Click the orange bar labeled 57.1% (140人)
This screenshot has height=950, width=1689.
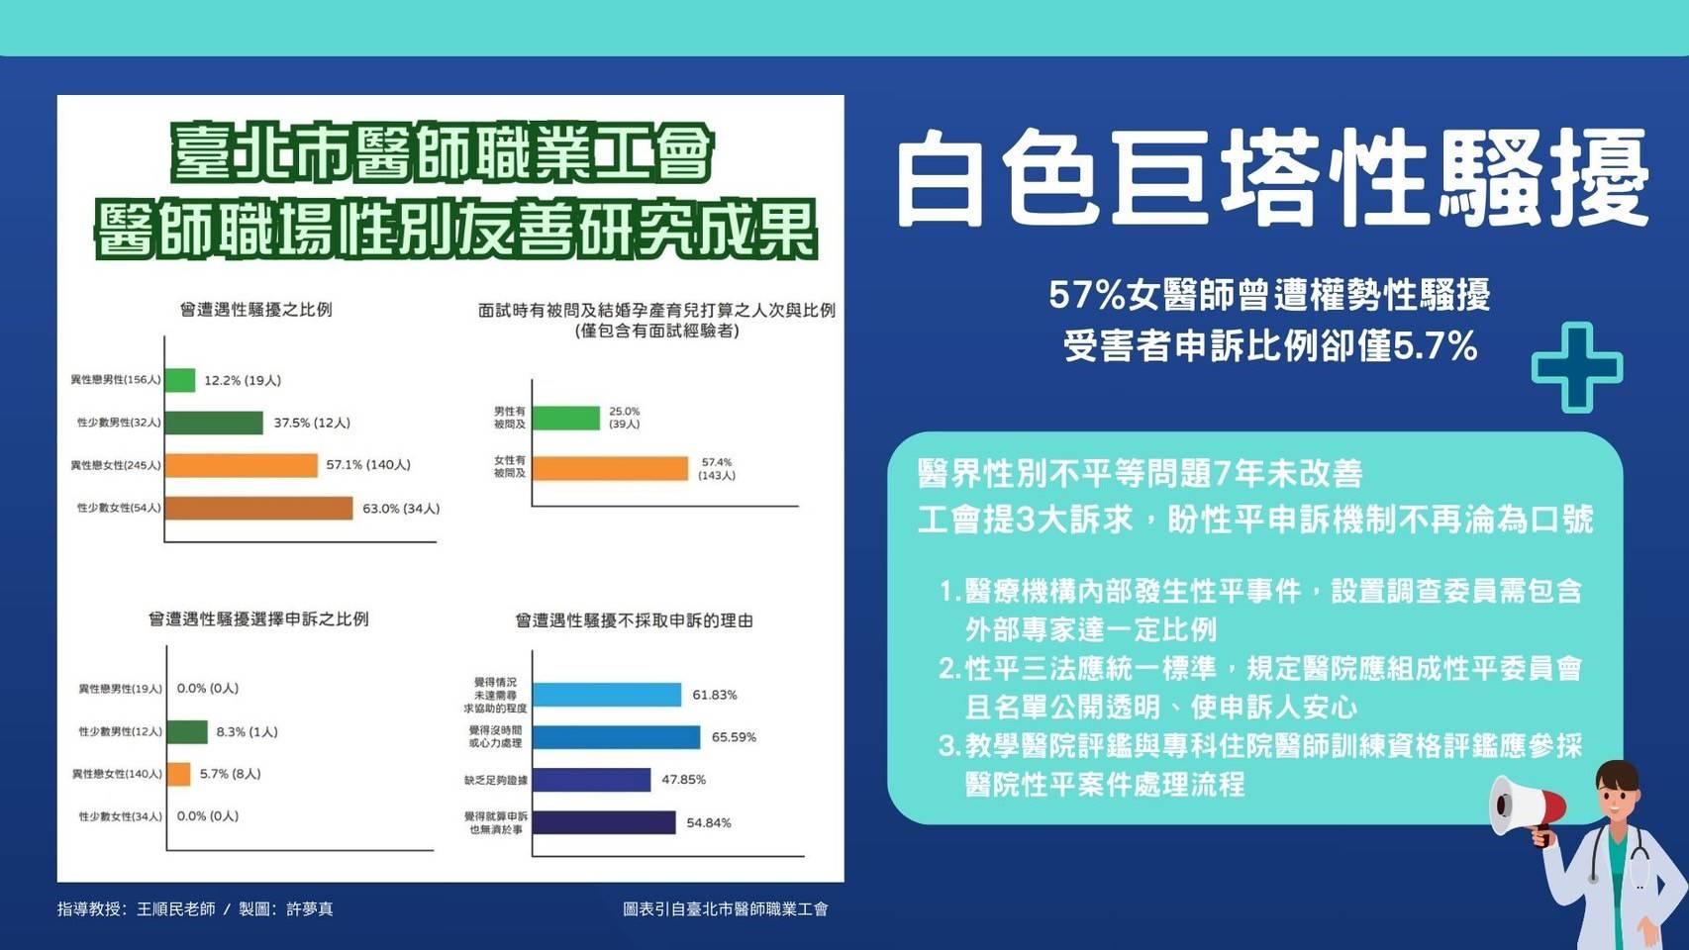[242, 465]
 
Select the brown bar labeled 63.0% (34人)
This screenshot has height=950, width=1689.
[258, 509]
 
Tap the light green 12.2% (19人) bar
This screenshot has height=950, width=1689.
[180, 380]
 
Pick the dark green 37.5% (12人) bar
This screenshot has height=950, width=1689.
[214, 423]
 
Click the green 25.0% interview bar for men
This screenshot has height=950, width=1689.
[566, 418]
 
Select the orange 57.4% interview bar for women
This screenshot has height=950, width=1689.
[611, 468]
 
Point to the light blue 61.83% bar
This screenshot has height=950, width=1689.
[607, 695]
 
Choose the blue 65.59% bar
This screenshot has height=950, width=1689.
[617, 737]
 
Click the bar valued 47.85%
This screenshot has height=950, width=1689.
[592, 780]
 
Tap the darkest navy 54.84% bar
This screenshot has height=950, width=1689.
[604, 822]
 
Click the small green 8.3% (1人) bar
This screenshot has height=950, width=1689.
[187, 732]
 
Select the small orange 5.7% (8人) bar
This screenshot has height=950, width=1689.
[179, 774]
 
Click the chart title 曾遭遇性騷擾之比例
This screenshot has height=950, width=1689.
[256, 310]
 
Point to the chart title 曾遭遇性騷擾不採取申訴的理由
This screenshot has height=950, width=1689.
[635, 620]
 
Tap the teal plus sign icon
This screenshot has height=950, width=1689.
[1577, 367]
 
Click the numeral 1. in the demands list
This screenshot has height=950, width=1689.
[950, 591]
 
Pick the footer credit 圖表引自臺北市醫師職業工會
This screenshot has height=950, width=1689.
[726, 909]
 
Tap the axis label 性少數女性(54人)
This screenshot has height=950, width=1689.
[119, 509]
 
